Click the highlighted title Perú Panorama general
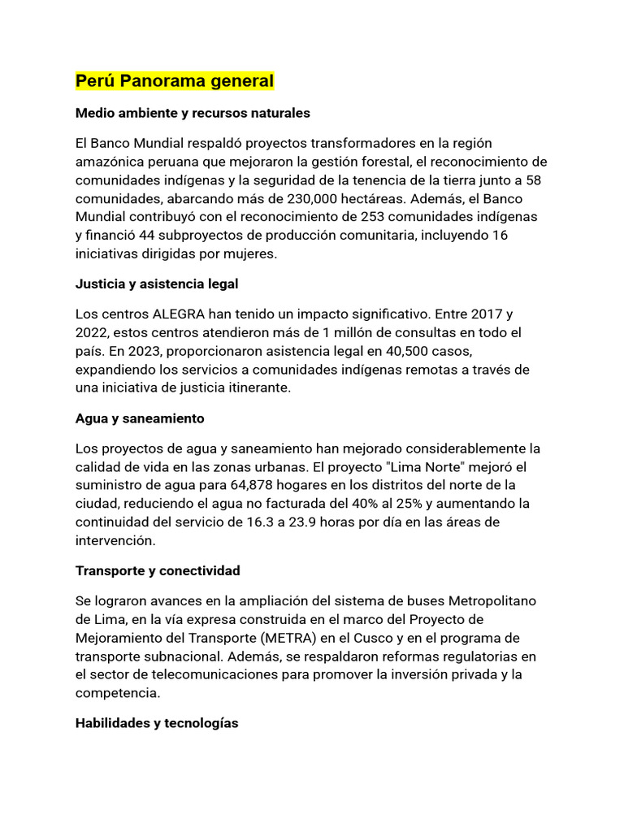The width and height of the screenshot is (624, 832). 175,81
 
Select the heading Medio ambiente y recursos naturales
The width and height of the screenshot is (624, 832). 193,113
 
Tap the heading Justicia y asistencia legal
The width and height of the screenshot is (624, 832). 156,284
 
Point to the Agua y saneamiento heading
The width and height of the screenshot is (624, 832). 140,418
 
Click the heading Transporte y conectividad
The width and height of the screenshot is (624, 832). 158,570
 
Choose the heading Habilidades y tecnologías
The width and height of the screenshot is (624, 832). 157,722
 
